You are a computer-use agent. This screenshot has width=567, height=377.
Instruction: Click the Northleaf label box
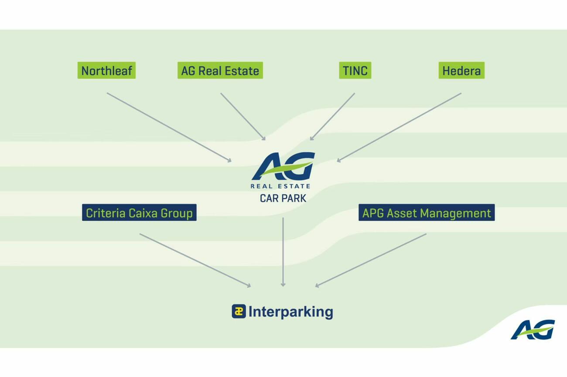tap(106, 71)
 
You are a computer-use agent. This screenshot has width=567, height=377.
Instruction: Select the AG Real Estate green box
tap(220, 71)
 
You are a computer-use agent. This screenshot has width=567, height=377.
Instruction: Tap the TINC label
tap(355, 71)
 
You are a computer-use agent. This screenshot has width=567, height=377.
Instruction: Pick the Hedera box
tap(461, 71)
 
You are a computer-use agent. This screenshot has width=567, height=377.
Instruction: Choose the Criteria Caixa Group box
tap(139, 213)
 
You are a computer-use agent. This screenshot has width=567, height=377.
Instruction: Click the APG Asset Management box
tap(426, 213)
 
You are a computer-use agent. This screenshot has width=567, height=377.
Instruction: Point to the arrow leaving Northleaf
tap(169, 127)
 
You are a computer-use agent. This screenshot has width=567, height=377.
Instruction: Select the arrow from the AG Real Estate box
tap(243, 116)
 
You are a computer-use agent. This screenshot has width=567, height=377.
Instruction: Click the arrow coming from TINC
tap(332, 116)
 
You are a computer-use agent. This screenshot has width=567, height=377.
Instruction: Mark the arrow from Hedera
tap(399, 127)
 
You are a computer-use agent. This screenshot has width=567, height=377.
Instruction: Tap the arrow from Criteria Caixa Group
tap(195, 260)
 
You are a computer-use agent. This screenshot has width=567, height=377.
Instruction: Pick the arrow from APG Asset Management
tap(371, 260)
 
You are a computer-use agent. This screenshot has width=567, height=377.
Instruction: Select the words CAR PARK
tap(283, 199)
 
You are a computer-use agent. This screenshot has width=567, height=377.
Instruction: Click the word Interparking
tap(290, 312)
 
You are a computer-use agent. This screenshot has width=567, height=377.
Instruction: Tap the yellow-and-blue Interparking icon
tap(239, 311)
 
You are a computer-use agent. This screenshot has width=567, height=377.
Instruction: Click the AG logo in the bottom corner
tap(533, 330)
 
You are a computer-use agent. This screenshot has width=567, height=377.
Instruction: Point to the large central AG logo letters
tap(283, 166)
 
